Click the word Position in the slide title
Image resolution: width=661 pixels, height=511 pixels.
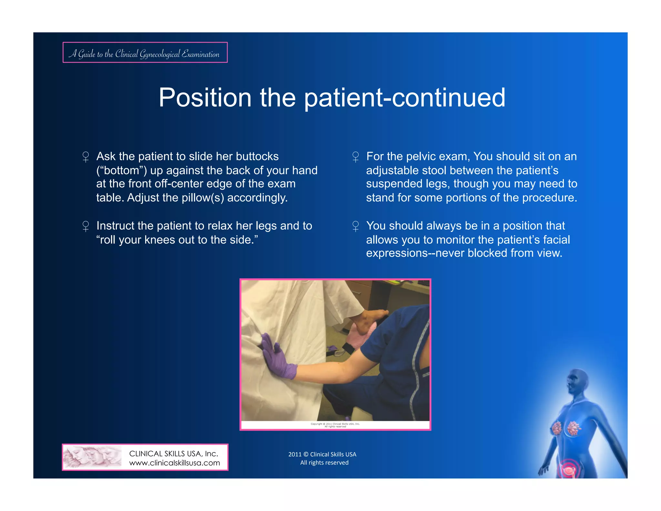pyautogui.click(x=205, y=98)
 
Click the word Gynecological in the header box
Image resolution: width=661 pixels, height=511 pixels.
pyautogui.click(x=159, y=54)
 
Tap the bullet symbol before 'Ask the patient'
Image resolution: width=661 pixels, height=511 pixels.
pyautogui.click(x=86, y=157)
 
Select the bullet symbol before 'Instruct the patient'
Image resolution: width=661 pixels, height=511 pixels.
pyautogui.click(x=86, y=226)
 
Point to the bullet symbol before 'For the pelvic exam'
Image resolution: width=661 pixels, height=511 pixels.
pyautogui.click(x=355, y=157)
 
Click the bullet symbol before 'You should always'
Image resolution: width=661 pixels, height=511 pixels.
pyautogui.click(x=355, y=226)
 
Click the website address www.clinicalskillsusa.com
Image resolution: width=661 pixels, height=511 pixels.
pyautogui.click(x=174, y=463)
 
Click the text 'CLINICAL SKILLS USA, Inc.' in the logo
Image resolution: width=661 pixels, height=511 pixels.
pyautogui.click(x=173, y=454)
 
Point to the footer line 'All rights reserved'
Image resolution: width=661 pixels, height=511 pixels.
pyautogui.click(x=324, y=463)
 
